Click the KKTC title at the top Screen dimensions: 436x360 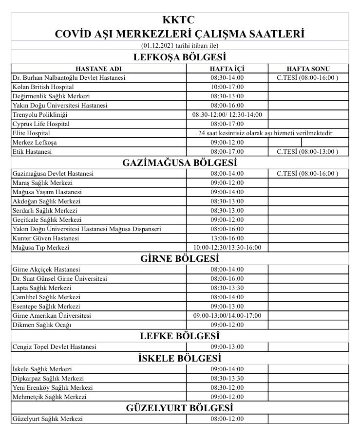[180, 20]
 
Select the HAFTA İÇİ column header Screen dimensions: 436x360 [227, 69]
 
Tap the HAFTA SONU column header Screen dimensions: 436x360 [308, 69]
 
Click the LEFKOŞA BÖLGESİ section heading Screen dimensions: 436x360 [180, 57]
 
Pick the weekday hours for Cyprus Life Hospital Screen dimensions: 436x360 [227, 124]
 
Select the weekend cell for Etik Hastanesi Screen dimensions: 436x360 [308, 152]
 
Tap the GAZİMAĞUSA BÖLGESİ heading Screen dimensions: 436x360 [180, 163]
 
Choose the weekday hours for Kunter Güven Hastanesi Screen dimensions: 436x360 [227, 238]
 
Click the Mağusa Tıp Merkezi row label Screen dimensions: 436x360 [41, 248]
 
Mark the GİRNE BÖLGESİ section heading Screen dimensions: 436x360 [180, 258]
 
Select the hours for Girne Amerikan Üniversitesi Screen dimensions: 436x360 [227, 316]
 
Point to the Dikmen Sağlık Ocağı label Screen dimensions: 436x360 [42, 325]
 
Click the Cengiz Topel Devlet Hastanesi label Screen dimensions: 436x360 [54, 347]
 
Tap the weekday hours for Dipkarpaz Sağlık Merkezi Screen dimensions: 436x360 [227, 379]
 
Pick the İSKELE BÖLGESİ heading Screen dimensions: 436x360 [180, 358]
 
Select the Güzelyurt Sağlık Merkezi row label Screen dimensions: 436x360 [48, 419]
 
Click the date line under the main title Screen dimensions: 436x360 [180, 46]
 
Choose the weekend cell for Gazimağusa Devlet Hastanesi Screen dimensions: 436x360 [308, 174]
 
